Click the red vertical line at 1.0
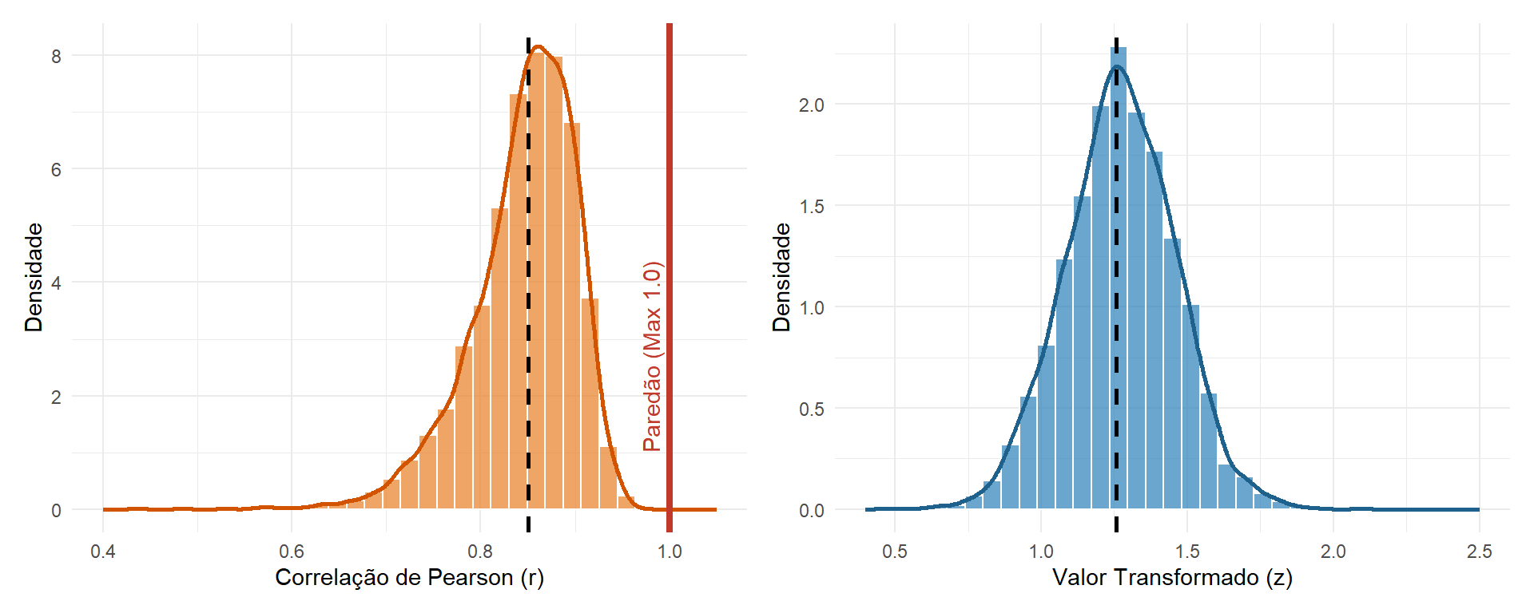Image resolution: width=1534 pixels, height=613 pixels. [x=670, y=278]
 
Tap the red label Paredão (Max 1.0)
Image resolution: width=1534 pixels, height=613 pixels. [x=652, y=356]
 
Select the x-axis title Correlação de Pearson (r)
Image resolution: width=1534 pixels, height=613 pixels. [x=409, y=577]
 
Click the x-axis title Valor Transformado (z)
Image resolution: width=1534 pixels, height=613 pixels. [x=1172, y=577]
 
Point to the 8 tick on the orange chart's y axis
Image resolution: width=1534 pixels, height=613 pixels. [x=56, y=56]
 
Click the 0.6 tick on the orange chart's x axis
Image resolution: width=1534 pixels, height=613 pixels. [x=292, y=552]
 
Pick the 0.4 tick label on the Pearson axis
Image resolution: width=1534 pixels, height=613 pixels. [x=103, y=552]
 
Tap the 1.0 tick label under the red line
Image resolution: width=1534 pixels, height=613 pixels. [x=670, y=552]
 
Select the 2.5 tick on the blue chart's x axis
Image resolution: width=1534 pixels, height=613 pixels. [x=1480, y=552]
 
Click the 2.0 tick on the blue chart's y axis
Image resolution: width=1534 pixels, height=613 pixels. [x=812, y=105]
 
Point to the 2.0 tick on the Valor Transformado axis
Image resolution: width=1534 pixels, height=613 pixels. [x=1333, y=552]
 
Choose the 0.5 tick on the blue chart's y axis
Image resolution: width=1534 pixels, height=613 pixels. [x=812, y=409]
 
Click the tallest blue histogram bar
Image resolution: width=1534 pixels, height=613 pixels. [x=1118, y=278]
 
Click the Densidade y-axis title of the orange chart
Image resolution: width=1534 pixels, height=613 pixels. [x=34, y=278]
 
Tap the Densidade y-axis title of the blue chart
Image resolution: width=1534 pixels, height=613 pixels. [x=781, y=278]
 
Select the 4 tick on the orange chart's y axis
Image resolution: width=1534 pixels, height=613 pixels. [x=56, y=283]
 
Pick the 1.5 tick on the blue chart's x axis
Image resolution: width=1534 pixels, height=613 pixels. [x=1187, y=552]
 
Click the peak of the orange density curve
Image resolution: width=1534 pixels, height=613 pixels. [x=538, y=46]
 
